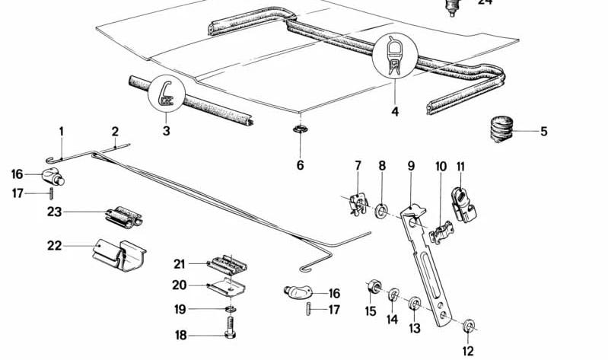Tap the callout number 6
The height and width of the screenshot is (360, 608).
coord(300,164)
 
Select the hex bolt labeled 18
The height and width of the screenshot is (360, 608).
coord(231,336)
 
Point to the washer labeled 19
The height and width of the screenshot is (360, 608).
coord(230,309)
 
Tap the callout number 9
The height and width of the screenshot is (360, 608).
coord(411,165)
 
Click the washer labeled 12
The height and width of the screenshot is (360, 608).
coord(469,328)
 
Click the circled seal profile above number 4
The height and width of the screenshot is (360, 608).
coord(394,58)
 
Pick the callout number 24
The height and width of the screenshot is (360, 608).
coord(485,2)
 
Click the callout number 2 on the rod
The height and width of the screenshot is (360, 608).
coord(116,131)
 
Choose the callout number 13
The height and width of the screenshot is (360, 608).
coord(415,328)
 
